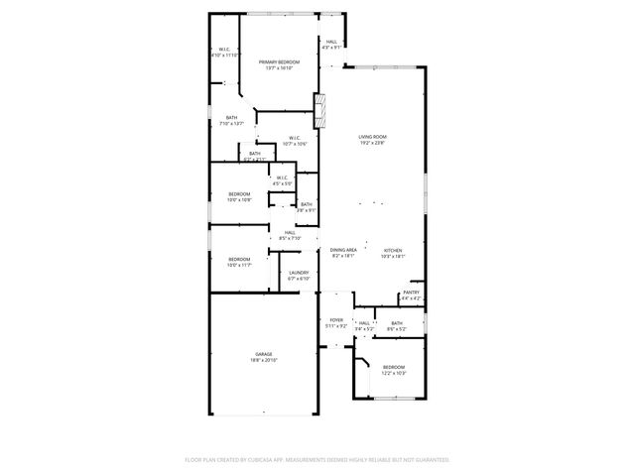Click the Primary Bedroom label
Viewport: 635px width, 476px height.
[280, 61]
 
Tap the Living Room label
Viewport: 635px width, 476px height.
[372, 136]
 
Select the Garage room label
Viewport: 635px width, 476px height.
[263, 354]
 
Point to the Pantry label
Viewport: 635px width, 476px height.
[411, 293]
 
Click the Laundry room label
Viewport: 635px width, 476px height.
[298, 273]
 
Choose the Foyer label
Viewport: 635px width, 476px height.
[336, 319]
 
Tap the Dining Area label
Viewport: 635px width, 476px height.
[342, 250]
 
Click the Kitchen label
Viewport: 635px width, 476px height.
[393, 250]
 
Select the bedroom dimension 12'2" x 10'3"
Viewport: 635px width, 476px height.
[394, 374]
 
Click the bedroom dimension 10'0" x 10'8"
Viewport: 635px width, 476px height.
[239, 200]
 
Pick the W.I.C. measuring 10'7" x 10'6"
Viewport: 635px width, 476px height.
[295, 144]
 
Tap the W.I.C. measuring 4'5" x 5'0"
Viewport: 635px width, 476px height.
[282, 183]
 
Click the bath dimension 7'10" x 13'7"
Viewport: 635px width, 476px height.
[231, 124]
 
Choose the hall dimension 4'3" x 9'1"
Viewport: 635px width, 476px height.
[331, 47]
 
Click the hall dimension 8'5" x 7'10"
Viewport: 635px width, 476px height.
[290, 239]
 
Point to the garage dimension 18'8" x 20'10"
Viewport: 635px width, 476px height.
[263, 360]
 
